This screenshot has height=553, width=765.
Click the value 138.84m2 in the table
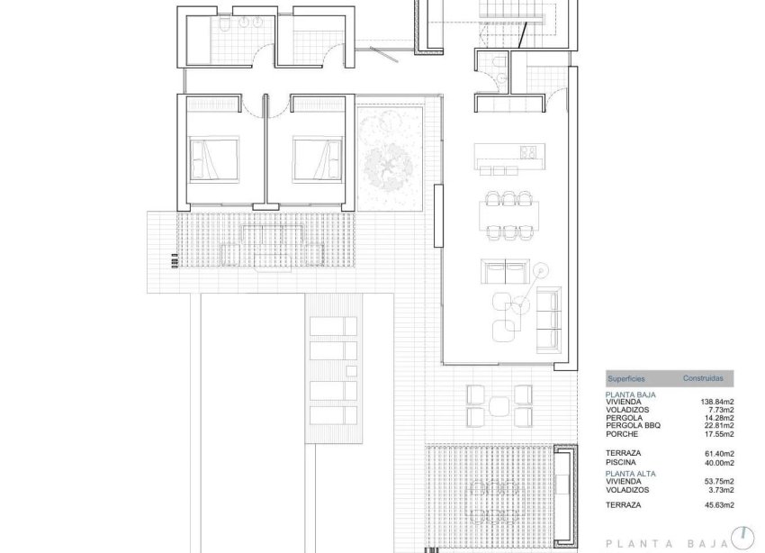point(716,402)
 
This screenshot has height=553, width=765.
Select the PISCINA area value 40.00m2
point(717,461)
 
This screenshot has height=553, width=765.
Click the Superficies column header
point(625,379)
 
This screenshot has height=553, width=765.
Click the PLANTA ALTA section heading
point(632,473)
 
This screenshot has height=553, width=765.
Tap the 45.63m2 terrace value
point(717,505)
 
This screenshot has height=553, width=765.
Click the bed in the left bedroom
point(213,159)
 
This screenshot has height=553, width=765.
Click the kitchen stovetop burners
point(528,152)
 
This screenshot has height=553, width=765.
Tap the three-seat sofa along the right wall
point(547,321)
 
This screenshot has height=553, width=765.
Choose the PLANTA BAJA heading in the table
point(631,394)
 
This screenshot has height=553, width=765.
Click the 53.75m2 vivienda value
point(717,481)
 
